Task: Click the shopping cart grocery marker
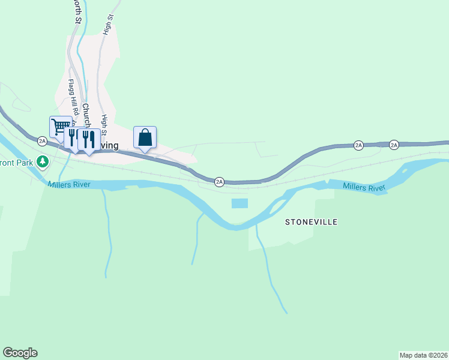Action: [x=60, y=127]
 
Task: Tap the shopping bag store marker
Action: [x=145, y=137]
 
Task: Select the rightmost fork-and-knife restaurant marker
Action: [x=89, y=139]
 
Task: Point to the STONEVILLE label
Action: [x=311, y=222]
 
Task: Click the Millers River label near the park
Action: [x=70, y=184]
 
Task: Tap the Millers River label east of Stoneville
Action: [x=364, y=188]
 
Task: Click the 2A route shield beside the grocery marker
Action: [x=42, y=141]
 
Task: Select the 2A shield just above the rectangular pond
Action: [x=219, y=181]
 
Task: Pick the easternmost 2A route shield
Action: [x=394, y=145]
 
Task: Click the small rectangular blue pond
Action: [x=240, y=203]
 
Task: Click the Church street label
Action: [x=86, y=114]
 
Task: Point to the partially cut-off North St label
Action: [x=77, y=11]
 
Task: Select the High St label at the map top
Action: [x=109, y=25]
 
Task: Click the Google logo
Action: [x=20, y=353]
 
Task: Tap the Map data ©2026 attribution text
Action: [x=424, y=355]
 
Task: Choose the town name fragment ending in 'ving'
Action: [x=110, y=146]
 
